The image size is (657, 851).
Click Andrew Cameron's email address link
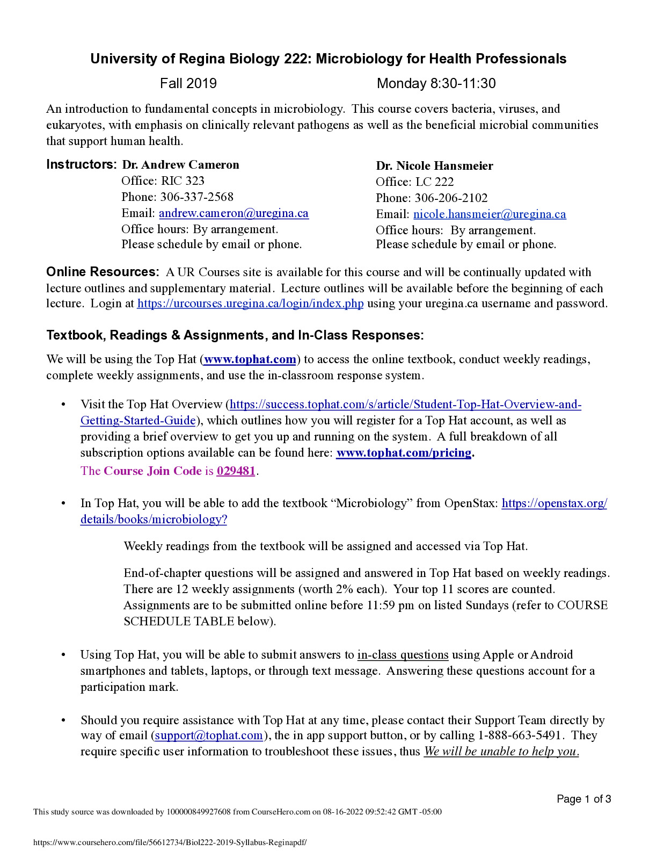point(233,213)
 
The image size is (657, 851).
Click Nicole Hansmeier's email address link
point(490,214)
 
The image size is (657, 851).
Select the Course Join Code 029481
point(236,471)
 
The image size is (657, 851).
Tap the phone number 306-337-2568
point(196,197)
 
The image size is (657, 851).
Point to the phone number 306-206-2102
point(451,198)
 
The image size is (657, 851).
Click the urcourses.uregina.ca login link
point(250,304)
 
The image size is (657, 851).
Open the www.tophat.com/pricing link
point(404,453)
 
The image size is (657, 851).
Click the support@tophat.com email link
point(209,735)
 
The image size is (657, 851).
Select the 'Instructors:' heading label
point(81,164)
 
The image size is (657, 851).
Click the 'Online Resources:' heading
point(103,272)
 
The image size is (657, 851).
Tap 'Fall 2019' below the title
point(188,84)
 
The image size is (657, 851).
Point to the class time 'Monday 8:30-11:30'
point(436,84)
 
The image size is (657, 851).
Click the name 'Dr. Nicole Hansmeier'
point(434,166)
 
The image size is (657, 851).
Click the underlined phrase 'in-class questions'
point(403,655)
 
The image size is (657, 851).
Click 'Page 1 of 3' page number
point(583,799)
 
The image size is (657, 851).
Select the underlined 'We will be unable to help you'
point(501,752)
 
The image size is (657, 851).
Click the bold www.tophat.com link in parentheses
point(250,359)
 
